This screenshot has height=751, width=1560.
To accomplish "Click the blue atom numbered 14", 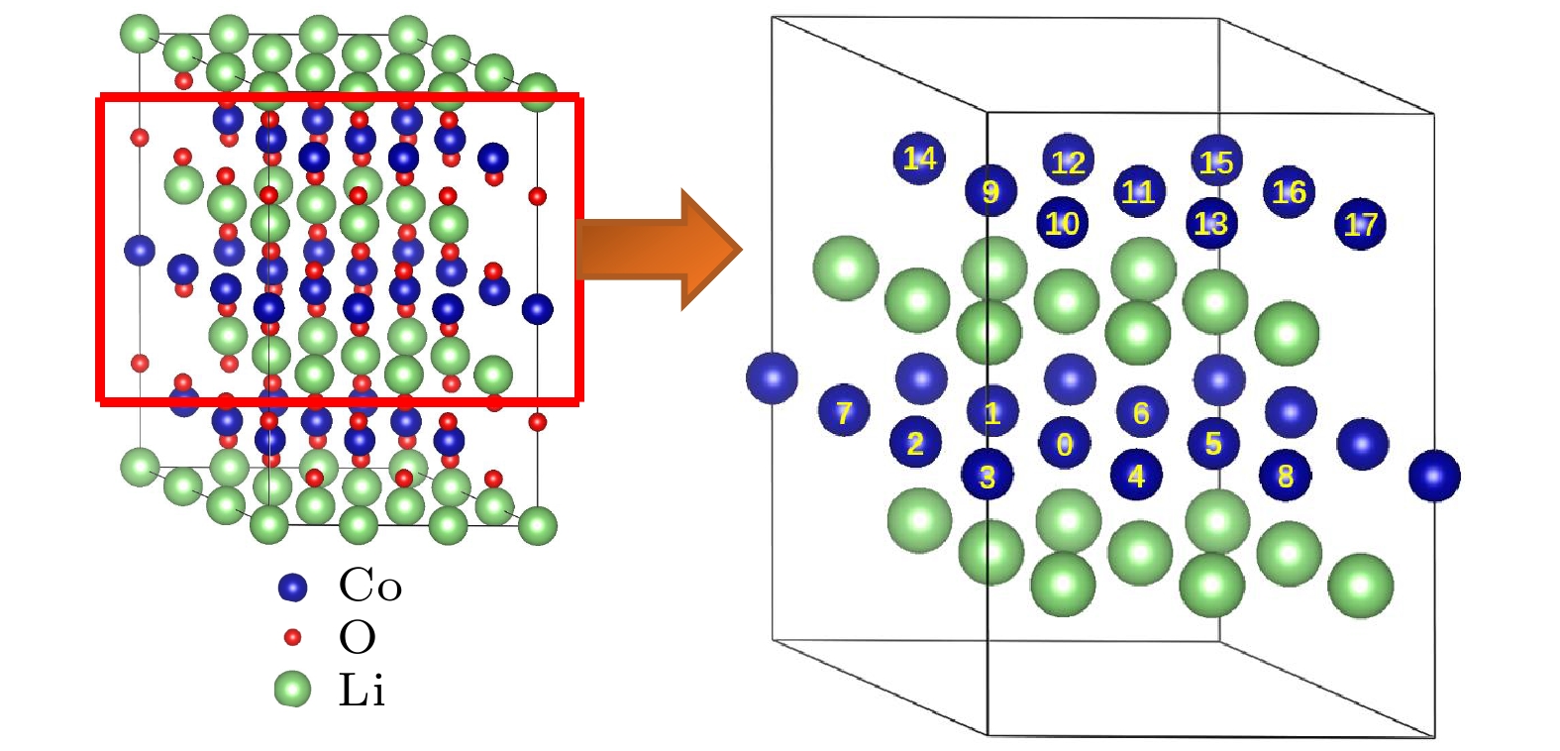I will click(x=919, y=159).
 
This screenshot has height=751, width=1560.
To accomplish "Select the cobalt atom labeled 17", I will click(x=1360, y=225).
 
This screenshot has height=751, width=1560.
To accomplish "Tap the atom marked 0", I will click(x=1064, y=444).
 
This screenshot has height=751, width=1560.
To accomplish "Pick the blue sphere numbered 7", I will click(x=844, y=411).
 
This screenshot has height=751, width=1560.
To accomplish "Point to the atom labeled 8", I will click(x=1285, y=477).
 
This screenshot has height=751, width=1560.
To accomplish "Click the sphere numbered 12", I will click(x=1068, y=161).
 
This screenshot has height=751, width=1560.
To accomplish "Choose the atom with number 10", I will click(x=1062, y=223).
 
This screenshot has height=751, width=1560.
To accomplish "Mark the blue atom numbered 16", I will click(x=1289, y=192).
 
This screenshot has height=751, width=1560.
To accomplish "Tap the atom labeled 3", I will click(x=988, y=476).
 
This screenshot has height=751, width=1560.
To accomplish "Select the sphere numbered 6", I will click(x=1141, y=412).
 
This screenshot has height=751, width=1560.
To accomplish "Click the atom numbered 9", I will click(x=990, y=191).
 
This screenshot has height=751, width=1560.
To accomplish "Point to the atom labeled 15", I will click(x=1216, y=161).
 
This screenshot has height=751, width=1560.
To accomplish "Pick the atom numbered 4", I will click(x=1136, y=476).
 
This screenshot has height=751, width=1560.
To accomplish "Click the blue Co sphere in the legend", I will click(x=292, y=587).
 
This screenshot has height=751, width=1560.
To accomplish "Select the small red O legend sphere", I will click(x=292, y=637).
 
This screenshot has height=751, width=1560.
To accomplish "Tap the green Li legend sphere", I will click(x=292, y=689).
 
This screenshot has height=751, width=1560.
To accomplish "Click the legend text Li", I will click(x=362, y=690).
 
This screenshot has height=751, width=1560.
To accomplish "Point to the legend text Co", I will click(x=370, y=587).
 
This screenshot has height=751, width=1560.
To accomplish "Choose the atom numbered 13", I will click(x=1211, y=224).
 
